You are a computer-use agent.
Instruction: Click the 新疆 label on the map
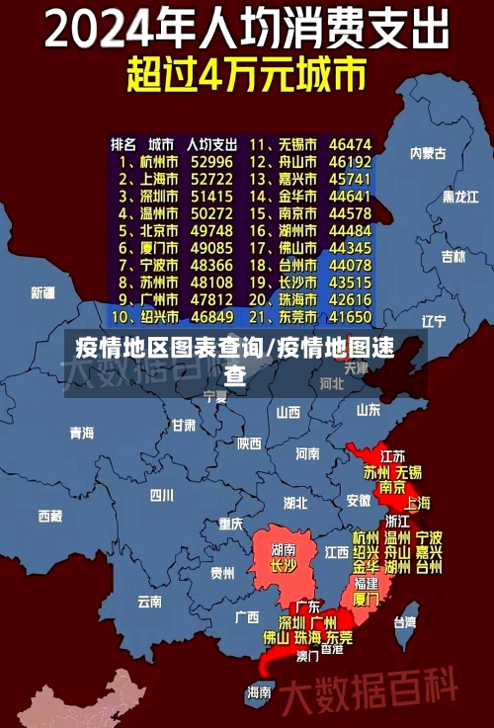click(42, 292)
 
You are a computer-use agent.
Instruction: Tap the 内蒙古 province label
click(429, 153)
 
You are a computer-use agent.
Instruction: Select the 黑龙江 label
click(459, 197)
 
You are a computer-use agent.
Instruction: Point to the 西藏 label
click(49, 515)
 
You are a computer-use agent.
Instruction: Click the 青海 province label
click(81, 433)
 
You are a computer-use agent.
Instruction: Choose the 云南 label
click(149, 600)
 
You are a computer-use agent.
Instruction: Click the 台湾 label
click(405, 622)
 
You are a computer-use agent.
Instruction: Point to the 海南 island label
click(259, 691)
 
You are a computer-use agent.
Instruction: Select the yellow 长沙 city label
click(284, 567)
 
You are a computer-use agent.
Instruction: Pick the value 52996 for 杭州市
click(211, 161)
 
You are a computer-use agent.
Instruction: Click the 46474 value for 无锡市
click(350, 144)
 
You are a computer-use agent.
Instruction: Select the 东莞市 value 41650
click(350, 317)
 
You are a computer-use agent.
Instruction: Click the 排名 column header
click(123, 144)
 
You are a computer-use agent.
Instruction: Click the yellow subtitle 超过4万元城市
click(246, 75)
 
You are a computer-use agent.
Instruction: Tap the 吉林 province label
click(453, 257)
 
